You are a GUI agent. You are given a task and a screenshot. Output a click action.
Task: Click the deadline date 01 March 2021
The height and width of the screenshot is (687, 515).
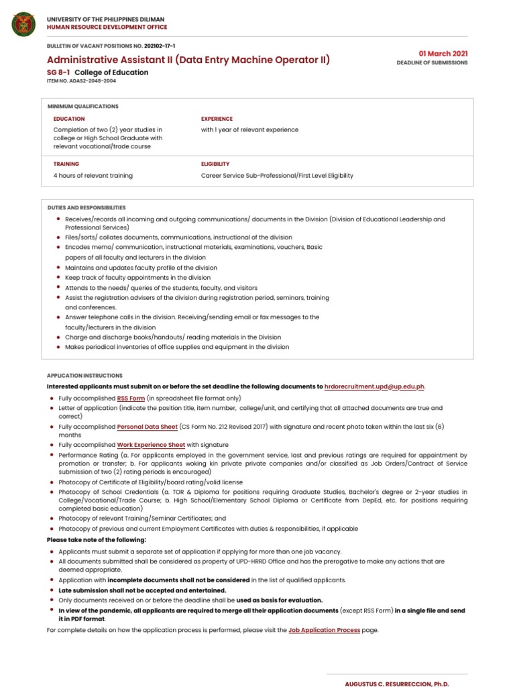coord(443,53)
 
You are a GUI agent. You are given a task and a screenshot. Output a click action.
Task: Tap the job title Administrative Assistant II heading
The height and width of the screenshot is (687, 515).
coord(188,60)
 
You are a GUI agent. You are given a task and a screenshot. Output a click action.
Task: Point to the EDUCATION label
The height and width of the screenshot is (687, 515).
coord(69,119)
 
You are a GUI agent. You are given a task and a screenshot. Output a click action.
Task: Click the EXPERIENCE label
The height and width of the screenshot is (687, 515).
coord(217,119)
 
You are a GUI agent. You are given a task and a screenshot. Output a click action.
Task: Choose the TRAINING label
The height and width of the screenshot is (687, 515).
coord(66,164)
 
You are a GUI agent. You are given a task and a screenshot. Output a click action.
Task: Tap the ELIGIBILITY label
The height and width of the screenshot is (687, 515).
coord(215,164)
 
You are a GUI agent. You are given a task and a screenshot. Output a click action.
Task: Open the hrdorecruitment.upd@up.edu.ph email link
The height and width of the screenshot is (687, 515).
coord(374,386)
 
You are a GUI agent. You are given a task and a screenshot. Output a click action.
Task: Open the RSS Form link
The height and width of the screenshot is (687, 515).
coord(131,398)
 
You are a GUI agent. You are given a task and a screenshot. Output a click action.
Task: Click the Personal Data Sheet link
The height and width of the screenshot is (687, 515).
coord(148,426)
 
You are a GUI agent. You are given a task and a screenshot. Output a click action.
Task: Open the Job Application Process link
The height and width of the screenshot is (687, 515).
coord(324,631)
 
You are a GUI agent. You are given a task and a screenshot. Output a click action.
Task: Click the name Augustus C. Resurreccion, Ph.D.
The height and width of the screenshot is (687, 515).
coord(396,684)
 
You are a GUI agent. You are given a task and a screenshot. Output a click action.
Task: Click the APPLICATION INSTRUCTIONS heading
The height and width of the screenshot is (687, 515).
coord(84,376)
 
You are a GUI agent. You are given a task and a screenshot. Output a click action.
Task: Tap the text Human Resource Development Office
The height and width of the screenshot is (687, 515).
coord(107,28)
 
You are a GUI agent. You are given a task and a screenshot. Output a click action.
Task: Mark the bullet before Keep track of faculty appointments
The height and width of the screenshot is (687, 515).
coord(59,277)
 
